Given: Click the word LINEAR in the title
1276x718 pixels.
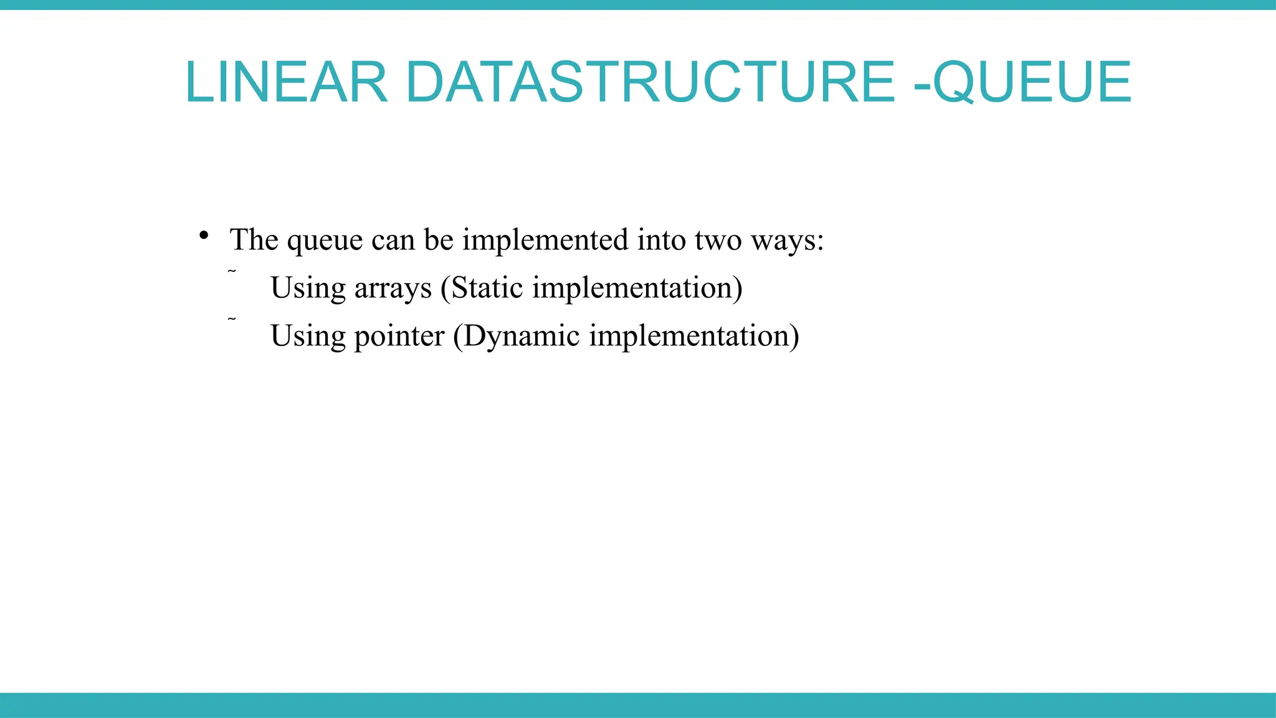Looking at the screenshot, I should coord(286,82).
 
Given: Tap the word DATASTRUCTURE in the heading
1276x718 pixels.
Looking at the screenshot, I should coord(650,82).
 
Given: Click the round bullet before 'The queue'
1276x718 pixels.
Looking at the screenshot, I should coord(203,236).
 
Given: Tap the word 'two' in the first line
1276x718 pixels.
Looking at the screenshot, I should coord(718,240).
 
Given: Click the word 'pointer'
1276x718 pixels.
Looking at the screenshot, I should coord(399,337).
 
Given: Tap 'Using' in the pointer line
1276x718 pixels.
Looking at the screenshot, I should coord(308,337).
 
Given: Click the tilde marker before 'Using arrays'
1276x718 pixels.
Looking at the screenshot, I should coord(232,271).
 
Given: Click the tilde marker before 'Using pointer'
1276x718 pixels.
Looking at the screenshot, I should coord(232,319).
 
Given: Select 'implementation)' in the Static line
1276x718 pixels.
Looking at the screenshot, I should coord(637,289).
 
